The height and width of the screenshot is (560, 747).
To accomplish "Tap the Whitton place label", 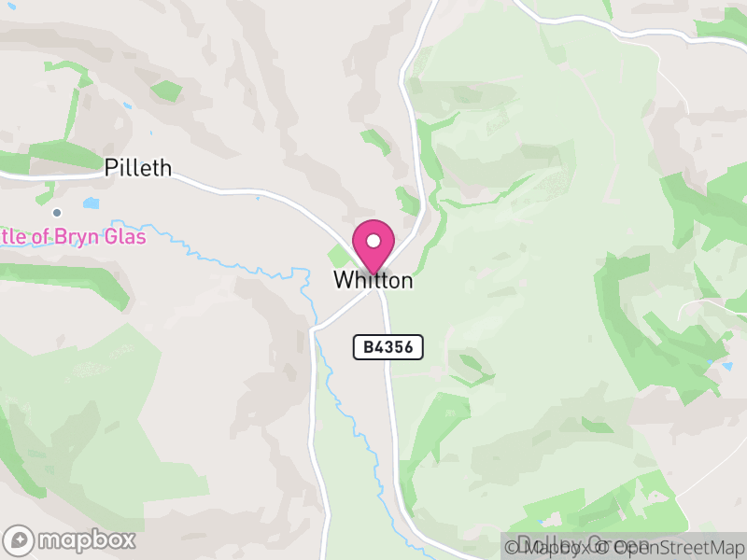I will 373,280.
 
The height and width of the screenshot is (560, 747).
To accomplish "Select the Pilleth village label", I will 138,168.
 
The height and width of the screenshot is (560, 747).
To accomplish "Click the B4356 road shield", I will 388,347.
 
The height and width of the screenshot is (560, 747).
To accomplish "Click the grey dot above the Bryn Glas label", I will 57,213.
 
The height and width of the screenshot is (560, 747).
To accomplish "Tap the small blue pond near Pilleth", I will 91,203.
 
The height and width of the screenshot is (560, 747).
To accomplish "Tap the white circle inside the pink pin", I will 373,241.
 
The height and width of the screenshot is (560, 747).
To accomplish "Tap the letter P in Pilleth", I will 110,168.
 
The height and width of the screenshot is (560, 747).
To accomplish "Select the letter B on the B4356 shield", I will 367,347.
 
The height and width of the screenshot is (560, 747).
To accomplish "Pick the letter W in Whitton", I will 342,280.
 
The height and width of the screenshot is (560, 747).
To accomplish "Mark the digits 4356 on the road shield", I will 395,347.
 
